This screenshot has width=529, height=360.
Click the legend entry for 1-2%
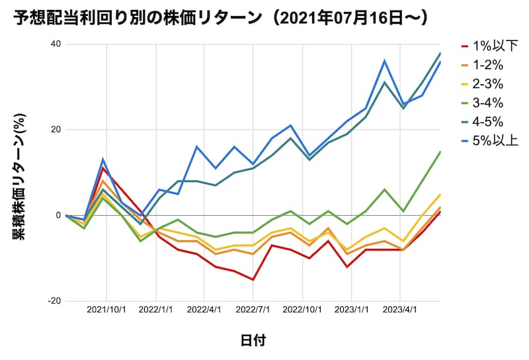[487, 65]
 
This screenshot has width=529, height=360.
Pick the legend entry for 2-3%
[487, 84]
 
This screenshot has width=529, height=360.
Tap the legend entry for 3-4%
[487, 103]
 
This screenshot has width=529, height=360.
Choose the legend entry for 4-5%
[487, 122]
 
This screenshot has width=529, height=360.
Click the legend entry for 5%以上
[489, 140]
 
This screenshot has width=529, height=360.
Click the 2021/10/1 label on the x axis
[106, 309]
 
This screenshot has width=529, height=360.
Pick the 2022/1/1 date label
[156, 309]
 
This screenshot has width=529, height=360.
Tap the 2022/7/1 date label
[253, 309]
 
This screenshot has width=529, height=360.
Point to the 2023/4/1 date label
[399, 309]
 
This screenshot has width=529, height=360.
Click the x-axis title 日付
[253, 340]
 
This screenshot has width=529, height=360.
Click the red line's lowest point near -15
[253, 279]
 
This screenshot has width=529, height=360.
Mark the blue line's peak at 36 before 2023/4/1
[385, 61]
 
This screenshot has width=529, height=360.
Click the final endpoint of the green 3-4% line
[440, 152]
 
